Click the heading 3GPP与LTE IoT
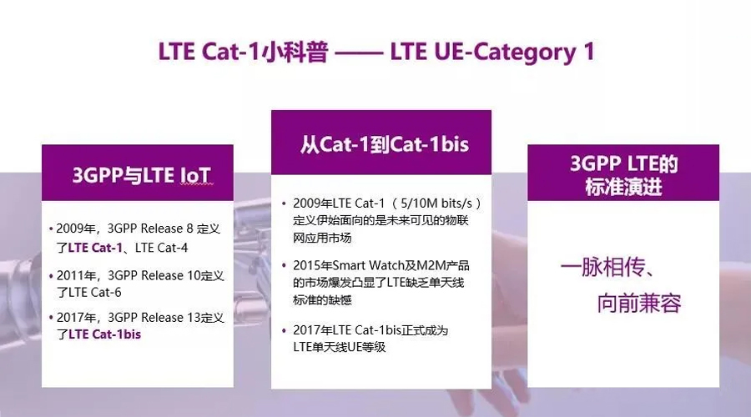click(x=141, y=175)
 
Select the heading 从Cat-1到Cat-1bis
click(x=384, y=144)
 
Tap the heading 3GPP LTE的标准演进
click(x=623, y=175)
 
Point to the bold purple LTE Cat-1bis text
click(x=105, y=334)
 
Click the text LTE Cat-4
click(x=161, y=248)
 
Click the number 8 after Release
click(x=189, y=229)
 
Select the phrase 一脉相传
click(x=602, y=266)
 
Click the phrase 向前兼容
click(x=639, y=303)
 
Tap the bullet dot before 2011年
click(x=51, y=276)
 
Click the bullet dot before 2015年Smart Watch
click(x=284, y=265)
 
